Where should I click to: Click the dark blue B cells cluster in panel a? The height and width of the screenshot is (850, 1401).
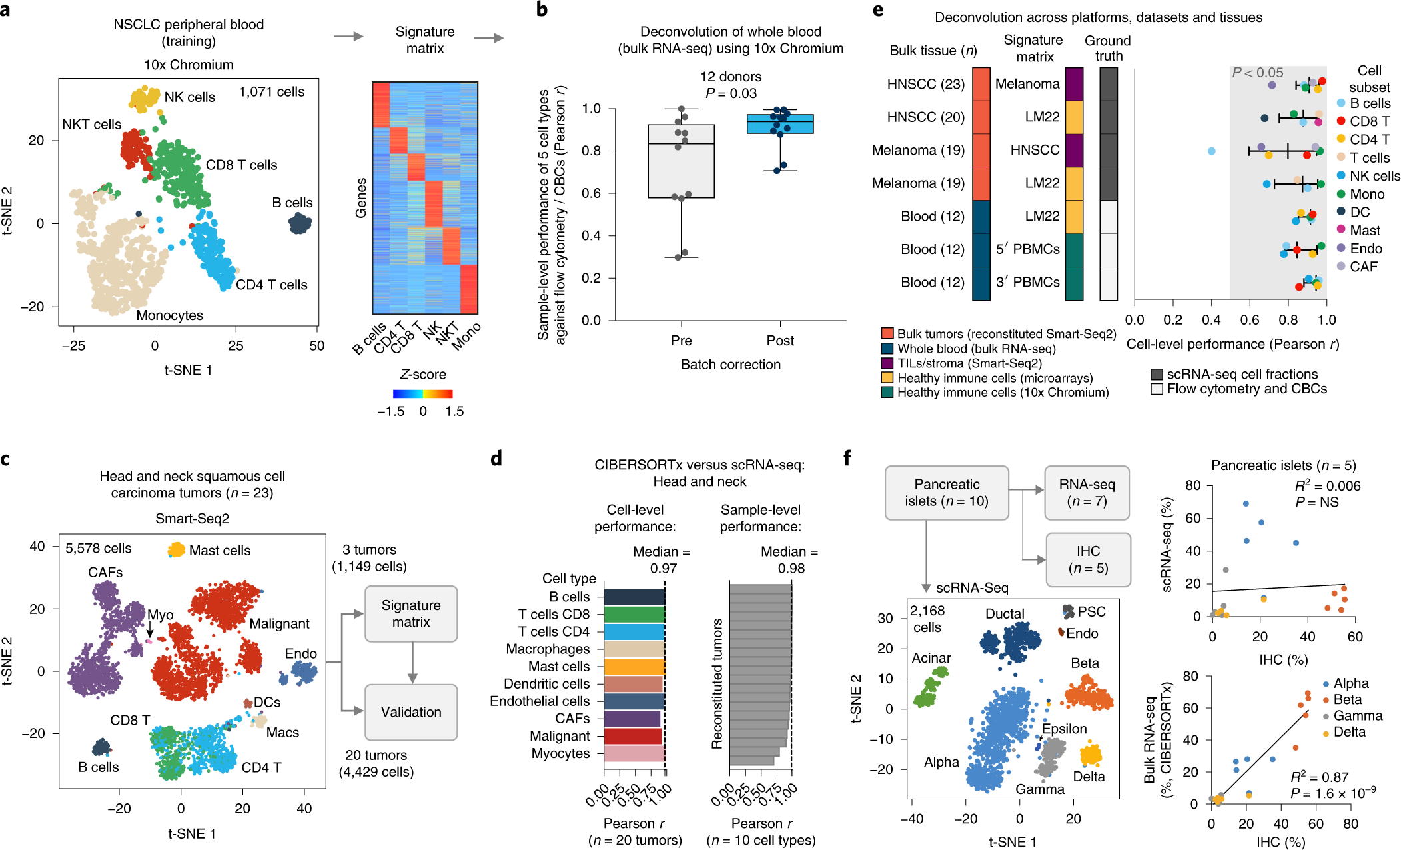300,223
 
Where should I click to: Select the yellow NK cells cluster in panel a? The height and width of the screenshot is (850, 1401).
144,98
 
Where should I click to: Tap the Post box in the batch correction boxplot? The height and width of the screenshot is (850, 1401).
780,124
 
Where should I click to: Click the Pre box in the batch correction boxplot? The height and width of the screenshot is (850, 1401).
681,161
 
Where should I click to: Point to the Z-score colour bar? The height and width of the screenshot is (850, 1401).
422,393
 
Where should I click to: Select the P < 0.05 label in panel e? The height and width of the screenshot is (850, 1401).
1257,73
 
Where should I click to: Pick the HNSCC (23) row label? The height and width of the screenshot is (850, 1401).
925,84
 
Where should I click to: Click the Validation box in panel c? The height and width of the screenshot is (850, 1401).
411,712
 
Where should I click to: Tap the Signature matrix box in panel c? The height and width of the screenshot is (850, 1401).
411,613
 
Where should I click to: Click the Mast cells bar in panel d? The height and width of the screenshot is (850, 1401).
634,667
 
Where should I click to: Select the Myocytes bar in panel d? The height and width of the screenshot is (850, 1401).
634,753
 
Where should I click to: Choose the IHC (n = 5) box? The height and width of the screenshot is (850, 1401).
1088,559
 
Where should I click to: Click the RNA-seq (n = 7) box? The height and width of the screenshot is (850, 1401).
1087,493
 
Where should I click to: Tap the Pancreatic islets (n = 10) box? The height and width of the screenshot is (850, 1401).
947,493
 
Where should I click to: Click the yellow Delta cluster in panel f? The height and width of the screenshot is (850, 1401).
1091,755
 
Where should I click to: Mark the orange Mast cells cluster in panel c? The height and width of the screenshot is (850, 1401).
177,549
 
